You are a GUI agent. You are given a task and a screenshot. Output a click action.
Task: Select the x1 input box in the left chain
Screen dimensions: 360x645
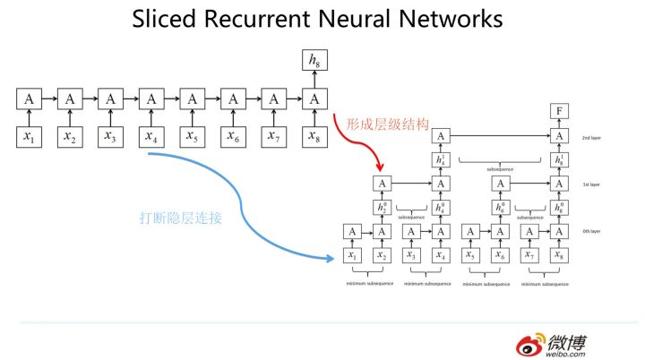click(29, 136)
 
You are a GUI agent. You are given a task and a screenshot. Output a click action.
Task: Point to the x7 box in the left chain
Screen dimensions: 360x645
click(272, 136)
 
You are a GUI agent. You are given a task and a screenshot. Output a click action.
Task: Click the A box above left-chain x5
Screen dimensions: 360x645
click(191, 99)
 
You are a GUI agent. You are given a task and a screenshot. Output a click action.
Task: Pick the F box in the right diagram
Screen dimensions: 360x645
click(559, 112)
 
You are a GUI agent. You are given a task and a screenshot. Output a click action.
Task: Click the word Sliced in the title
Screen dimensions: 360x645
click(171, 19)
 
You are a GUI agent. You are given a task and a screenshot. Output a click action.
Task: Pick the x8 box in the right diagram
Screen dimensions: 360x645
click(559, 256)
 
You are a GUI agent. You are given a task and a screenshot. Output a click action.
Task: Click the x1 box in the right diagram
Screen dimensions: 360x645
click(353, 256)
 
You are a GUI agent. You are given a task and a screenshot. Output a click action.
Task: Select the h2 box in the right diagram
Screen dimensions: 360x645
click(383, 208)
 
